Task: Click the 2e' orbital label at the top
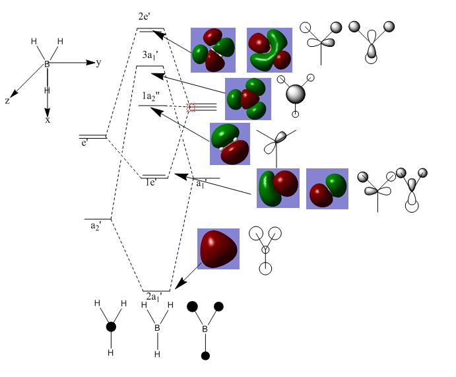pos(146,17)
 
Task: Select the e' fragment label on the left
pos(84,143)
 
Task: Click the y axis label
pos(98,63)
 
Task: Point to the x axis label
pos(48,120)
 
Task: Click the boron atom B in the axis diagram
pos(47,64)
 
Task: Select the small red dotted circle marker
pos(191,106)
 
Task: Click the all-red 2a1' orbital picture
pos(218,249)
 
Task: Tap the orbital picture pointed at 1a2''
pos(230,143)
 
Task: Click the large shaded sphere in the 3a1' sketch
pos(296,93)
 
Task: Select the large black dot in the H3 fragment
pos(111,327)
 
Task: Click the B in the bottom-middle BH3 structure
pos(157,328)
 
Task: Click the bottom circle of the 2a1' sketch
pos(265,268)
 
